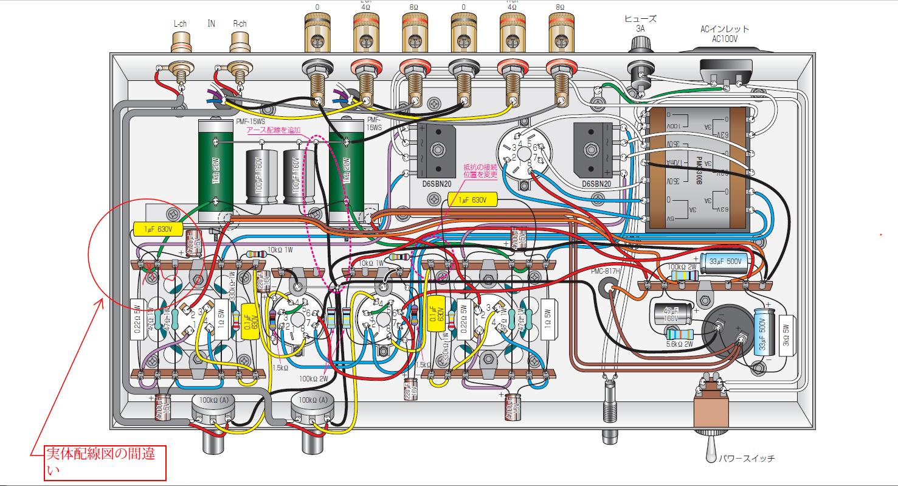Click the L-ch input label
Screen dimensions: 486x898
(179, 24)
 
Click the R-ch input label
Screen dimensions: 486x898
(240, 24)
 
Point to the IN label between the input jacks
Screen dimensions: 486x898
(212, 23)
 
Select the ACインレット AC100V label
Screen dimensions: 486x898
(725, 33)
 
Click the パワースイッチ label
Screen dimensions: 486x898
(747, 459)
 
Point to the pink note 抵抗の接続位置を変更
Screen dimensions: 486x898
(480, 170)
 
